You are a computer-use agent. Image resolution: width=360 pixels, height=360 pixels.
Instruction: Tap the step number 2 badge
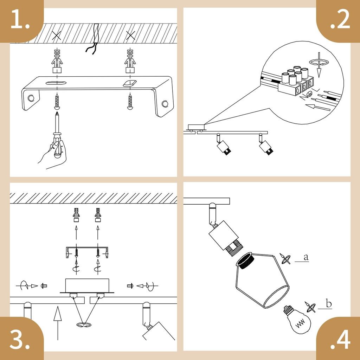pyautogui.click(x=339, y=21)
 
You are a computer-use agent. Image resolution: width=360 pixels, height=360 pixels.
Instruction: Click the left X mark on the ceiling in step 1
pyautogui.click(x=57, y=36)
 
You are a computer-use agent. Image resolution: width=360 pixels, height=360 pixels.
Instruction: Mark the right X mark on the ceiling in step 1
pyautogui.click(x=130, y=36)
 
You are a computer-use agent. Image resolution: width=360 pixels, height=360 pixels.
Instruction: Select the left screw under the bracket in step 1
pyautogui.click(x=57, y=102)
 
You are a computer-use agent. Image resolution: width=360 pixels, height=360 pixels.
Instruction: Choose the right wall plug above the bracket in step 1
pyautogui.click(x=130, y=61)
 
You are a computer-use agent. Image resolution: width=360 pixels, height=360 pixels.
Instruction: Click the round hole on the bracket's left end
pyautogui.click(x=31, y=98)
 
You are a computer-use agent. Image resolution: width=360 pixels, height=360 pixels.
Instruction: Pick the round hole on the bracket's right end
pyautogui.click(x=165, y=104)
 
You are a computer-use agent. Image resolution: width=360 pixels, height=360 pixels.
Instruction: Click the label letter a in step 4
pyautogui.click(x=306, y=257)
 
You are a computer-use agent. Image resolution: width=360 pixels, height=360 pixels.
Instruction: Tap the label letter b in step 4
pyautogui.click(x=329, y=303)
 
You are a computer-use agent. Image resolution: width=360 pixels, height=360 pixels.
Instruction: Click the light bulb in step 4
pyautogui.click(x=297, y=320)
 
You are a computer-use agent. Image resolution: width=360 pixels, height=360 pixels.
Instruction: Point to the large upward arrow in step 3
pyautogui.click(x=57, y=323)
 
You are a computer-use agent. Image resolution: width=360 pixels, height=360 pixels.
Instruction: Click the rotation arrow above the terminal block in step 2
pyautogui.click(x=319, y=62)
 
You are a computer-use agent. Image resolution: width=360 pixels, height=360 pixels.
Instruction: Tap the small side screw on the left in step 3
pyautogui.click(x=44, y=286)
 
